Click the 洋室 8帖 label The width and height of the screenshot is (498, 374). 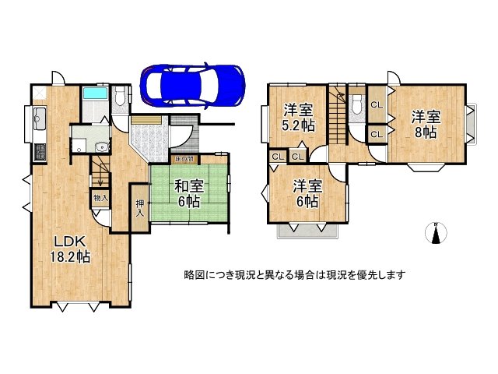click(x=425, y=125)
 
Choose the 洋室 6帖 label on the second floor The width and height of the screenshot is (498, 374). click(x=306, y=193)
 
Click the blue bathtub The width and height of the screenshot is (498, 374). click(x=94, y=95)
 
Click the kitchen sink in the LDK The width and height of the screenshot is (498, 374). click(x=40, y=122)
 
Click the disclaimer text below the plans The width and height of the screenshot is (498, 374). click(x=294, y=275)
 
